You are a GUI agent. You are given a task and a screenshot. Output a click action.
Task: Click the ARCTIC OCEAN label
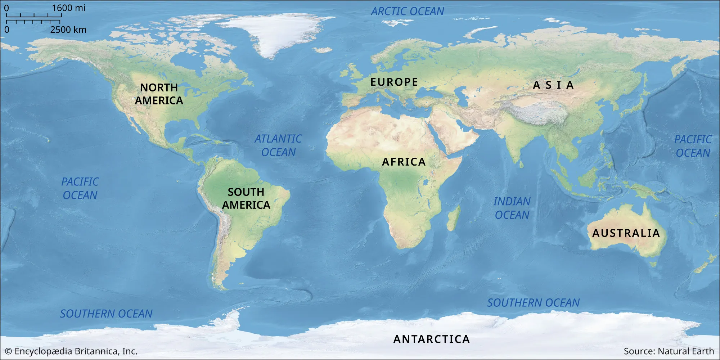(408, 12)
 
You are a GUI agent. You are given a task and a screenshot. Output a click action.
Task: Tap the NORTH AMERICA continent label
(159, 94)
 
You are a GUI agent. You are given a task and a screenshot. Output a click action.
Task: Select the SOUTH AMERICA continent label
(246, 198)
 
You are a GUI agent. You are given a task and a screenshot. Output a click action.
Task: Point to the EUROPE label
(394, 82)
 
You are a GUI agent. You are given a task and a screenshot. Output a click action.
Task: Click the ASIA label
(553, 85)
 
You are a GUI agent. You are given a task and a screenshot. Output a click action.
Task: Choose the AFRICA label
(404, 162)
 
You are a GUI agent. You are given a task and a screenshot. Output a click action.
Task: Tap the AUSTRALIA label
(626, 233)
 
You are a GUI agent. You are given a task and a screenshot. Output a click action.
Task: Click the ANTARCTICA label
(432, 339)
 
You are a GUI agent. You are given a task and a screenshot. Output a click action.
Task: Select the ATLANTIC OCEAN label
(278, 145)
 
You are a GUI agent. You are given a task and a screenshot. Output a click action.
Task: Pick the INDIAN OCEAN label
(512, 208)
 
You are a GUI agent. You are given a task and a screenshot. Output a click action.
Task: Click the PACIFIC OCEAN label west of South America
(80, 188)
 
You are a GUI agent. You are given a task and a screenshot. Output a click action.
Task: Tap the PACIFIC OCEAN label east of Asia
(693, 146)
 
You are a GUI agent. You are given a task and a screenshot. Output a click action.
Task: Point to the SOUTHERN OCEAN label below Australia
(534, 303)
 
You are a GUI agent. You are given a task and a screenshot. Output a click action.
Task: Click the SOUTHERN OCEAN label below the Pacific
(106, 314)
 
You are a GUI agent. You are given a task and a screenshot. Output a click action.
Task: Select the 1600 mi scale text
(68, 8)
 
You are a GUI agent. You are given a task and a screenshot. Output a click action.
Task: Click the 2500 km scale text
(68, 30)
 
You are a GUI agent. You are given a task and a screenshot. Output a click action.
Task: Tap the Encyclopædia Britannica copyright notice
(71, 351)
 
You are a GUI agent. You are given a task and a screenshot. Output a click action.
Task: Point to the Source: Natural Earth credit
(669, 351)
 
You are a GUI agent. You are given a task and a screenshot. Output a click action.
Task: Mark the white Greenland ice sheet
(274, 34)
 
